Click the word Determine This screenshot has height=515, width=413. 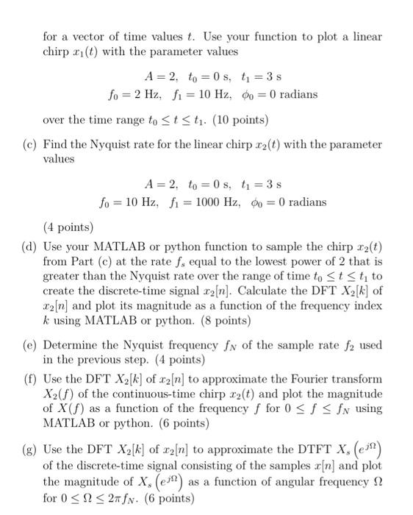coord(71,344)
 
